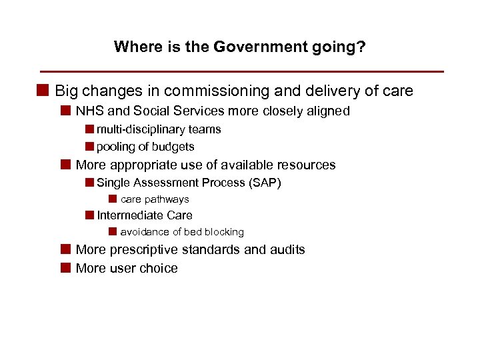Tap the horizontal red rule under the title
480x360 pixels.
pyautogui.click(x=241, y=71)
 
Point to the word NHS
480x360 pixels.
pyautogui.click(x=87, y=111)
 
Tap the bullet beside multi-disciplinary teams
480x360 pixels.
pyautogui.click(x=89, y=129)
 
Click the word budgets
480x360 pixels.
pyautogui.click(x=173, y=147)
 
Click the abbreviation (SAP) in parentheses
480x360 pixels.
pyautogui.click(x=265, y=183)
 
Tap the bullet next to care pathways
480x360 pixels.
pyautogui.click(x=113, y=199)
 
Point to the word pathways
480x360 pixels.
pyautogui.click(x=167, y=199)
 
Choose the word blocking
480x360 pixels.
pyautogui.click(x=223, y=232)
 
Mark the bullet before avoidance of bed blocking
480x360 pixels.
pyautogui.click(x=113, y=231)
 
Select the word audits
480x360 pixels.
pyautogui.click(x=287, y=250)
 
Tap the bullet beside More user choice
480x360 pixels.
pyautogui.click(x=65, y=268)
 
